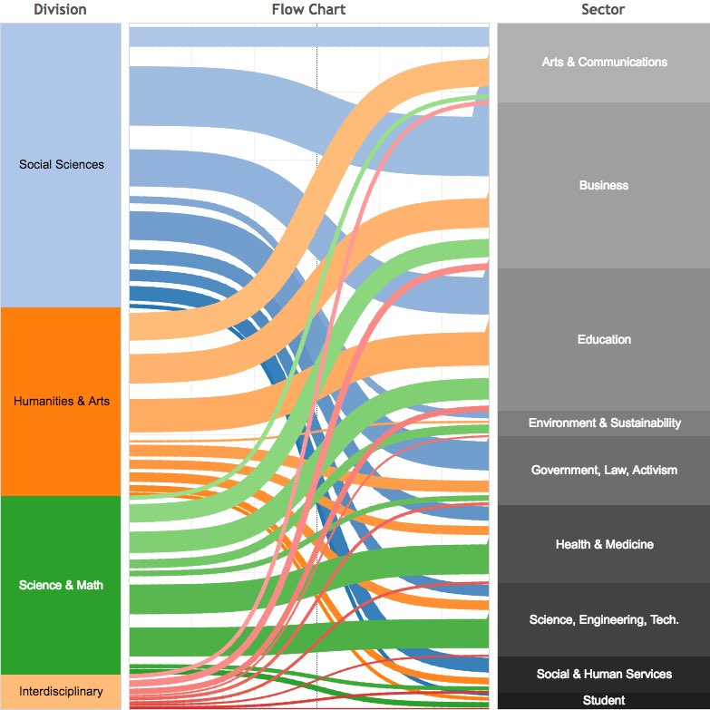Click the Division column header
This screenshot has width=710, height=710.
click(x=60, y=10)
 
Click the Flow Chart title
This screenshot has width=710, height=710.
click(x=308, y=10)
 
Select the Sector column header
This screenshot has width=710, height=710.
click(x=603, y=10)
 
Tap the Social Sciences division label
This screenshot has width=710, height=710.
click(x=62, y=164)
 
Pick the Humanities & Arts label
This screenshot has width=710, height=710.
click(x=62, y=401)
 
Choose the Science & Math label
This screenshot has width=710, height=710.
click(x=62, y=585)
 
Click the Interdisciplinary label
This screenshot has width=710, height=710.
click(x=62, y=692)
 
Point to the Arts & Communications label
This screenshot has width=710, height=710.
click(x=604, y=62)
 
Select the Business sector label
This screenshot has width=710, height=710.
click(x=604, y=185)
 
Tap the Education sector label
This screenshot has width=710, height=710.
click(x=604, y=339)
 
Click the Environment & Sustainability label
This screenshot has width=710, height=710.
click(x=604, y=423)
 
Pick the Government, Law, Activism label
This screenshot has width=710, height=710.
click(x=604, y=470)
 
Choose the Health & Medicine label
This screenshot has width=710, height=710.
click(x=604, y=544)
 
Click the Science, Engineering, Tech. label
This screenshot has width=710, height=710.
click(x=604, y=619)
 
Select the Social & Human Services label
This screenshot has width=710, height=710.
click(x=604, y=674)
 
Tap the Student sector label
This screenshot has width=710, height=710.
click(x=604, y=700)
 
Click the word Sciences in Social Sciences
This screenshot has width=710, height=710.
click(x=80, y=164)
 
